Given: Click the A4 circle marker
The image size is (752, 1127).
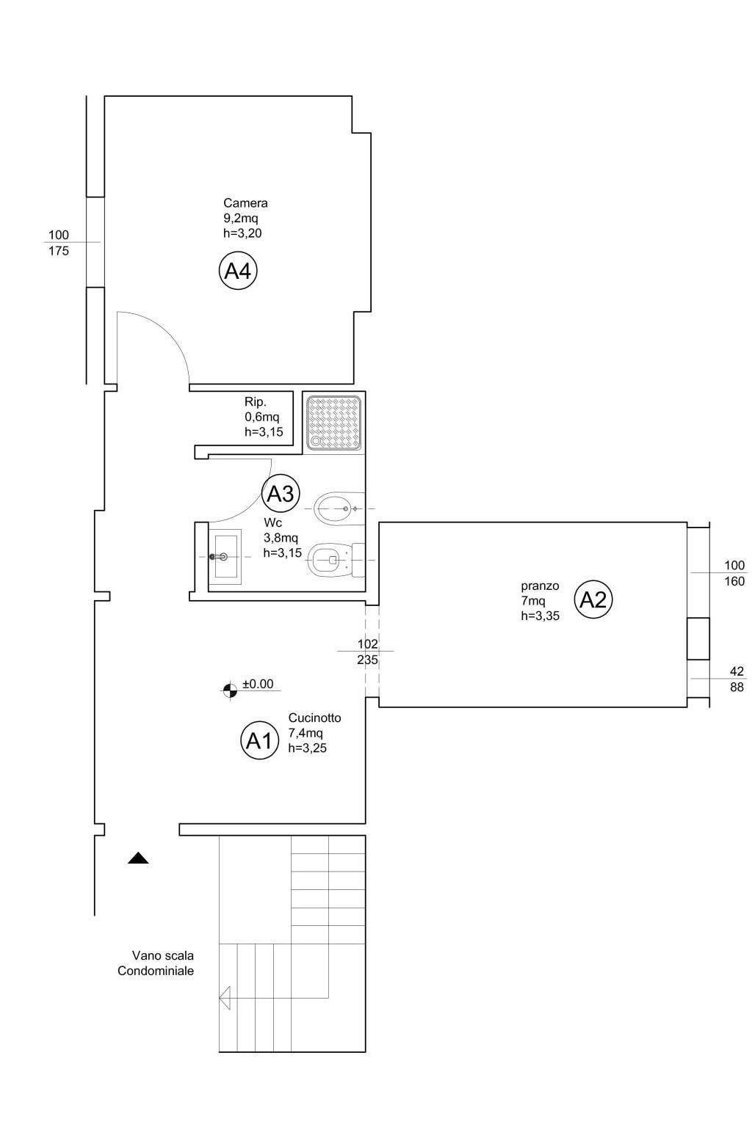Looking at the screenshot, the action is click(x=238, y=271).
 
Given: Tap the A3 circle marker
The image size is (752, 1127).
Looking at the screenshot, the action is click(x=281, y=494).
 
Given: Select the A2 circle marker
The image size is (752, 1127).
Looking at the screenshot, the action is click(x=593, y=599).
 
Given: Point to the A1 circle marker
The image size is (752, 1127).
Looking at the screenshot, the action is click(x=259, y=740).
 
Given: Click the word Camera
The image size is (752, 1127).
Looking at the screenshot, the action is click(x=245, y=203).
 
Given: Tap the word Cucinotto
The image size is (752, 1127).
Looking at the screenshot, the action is click(x=314, y=718).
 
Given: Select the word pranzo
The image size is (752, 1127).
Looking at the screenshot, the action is click(x=540, y=586).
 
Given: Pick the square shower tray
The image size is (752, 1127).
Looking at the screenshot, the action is click(x=334, y=422).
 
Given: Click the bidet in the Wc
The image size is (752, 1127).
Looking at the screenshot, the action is click(x=339, y=508).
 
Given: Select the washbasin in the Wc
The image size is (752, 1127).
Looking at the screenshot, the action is click(x=225, y=556).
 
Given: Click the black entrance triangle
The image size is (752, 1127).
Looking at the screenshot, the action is click(x=138, y=858).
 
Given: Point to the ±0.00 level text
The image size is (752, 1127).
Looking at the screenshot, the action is click(x=258, y=684).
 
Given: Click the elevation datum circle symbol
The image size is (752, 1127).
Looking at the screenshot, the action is click(x=230, y=690).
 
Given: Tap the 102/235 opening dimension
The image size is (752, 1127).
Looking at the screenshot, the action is click(x=367, y=652).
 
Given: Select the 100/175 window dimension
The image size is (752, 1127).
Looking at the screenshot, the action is click(x=59, y=243).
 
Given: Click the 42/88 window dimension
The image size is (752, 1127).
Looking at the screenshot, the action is click(x=737, y=679).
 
